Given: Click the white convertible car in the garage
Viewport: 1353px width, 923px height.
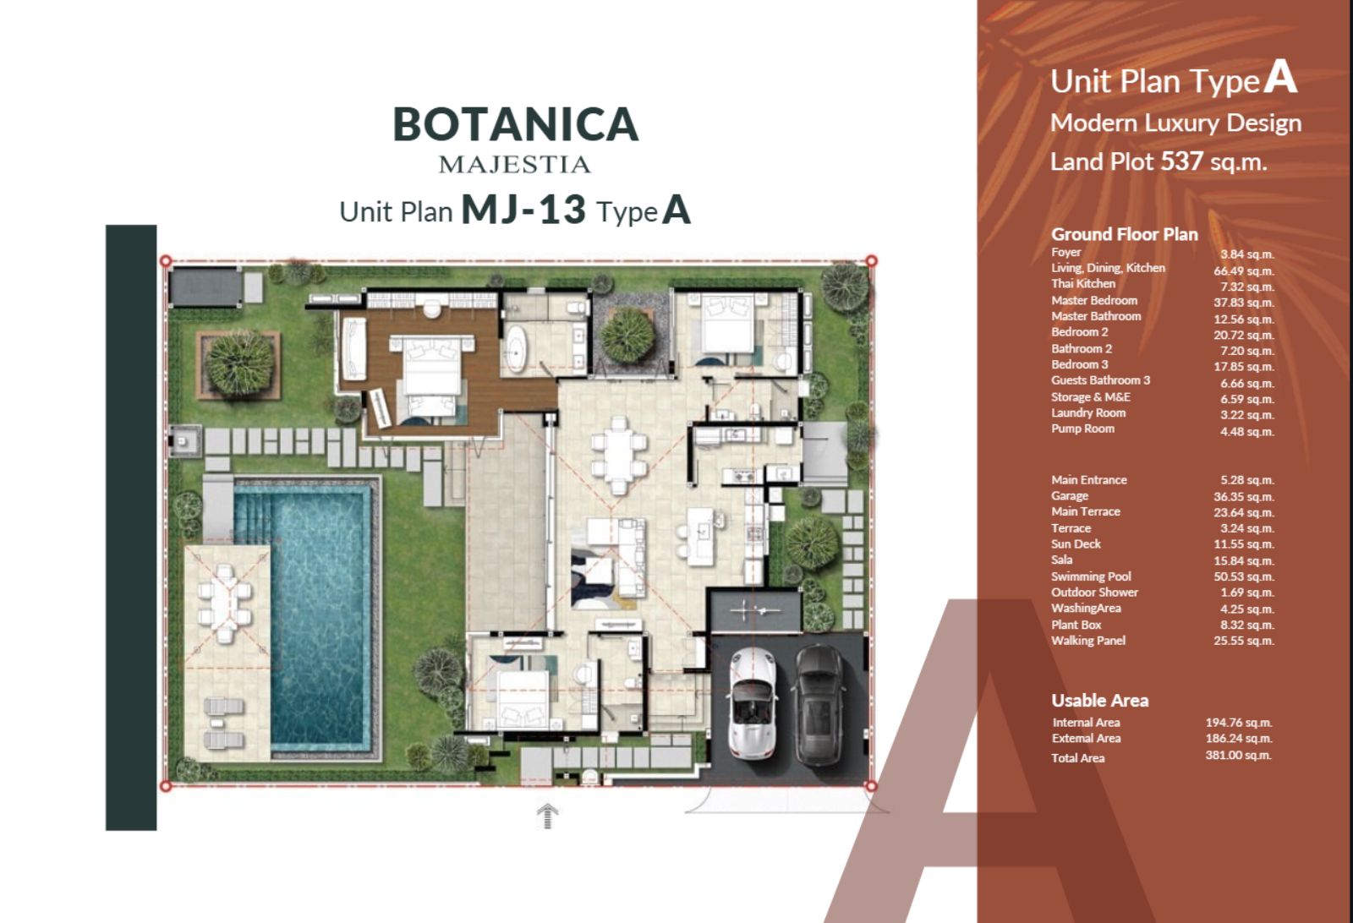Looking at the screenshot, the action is [752, 703].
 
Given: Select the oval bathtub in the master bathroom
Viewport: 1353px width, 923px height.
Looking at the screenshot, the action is [516, 348].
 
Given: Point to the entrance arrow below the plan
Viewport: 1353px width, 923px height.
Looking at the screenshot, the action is [547, 816].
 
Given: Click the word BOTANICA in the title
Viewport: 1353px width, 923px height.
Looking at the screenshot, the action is [516, 124].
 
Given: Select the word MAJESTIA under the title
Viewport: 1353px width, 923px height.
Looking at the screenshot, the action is [515, 165].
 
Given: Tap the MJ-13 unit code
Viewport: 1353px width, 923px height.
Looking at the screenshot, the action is [523, 210].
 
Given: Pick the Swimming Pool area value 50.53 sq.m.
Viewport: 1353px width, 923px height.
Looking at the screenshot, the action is [1244, 576].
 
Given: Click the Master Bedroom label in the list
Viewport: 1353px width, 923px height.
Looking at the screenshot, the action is [1094, 301].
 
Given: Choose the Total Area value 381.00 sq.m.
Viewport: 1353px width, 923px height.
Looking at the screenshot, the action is [1238, 755].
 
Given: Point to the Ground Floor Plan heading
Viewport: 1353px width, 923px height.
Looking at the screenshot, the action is [1125, 234].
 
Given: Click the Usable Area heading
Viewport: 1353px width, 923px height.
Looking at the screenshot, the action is [1100, 700].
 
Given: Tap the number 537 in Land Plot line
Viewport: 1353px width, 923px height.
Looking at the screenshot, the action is [1182, 161].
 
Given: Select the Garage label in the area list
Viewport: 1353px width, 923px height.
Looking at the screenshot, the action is [1070, 495].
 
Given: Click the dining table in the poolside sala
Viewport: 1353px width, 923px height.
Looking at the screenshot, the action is [225, 602].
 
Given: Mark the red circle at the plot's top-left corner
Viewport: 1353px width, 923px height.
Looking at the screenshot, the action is [166, 261].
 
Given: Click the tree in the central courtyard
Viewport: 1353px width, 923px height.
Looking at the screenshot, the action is [628, 336].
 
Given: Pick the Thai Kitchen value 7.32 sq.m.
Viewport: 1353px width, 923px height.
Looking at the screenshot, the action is [1246, 287].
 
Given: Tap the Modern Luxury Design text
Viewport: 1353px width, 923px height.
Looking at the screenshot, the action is [1175, 123].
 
